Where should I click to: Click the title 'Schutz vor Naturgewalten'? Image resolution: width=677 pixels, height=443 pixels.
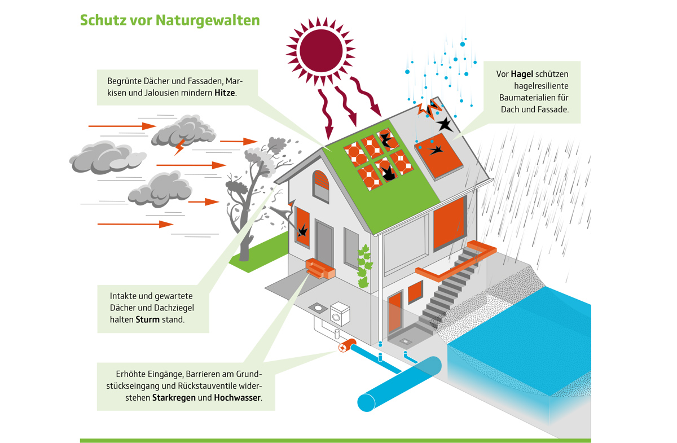170,20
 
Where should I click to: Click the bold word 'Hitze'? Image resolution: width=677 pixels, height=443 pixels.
226,92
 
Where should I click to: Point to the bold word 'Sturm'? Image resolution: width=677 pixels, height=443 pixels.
148,319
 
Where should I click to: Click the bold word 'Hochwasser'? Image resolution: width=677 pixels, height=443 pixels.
238,397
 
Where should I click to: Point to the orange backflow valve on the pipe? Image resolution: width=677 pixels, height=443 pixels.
344,346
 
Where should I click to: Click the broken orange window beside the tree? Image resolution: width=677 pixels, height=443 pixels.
302,227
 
